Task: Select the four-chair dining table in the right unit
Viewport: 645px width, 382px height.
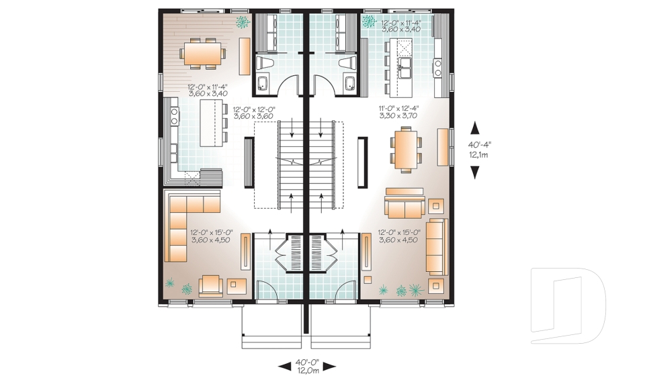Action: point(405,148)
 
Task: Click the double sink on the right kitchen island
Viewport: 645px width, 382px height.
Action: point(405,64)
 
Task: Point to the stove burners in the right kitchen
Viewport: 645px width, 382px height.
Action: point(437,66)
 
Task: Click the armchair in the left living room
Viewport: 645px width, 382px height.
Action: point(211,285)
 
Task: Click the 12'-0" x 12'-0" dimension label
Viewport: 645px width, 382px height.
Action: point(254,112)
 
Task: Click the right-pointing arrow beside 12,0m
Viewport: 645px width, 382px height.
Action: point(329,367)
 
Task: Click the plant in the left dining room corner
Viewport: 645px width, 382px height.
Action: point(240,22)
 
